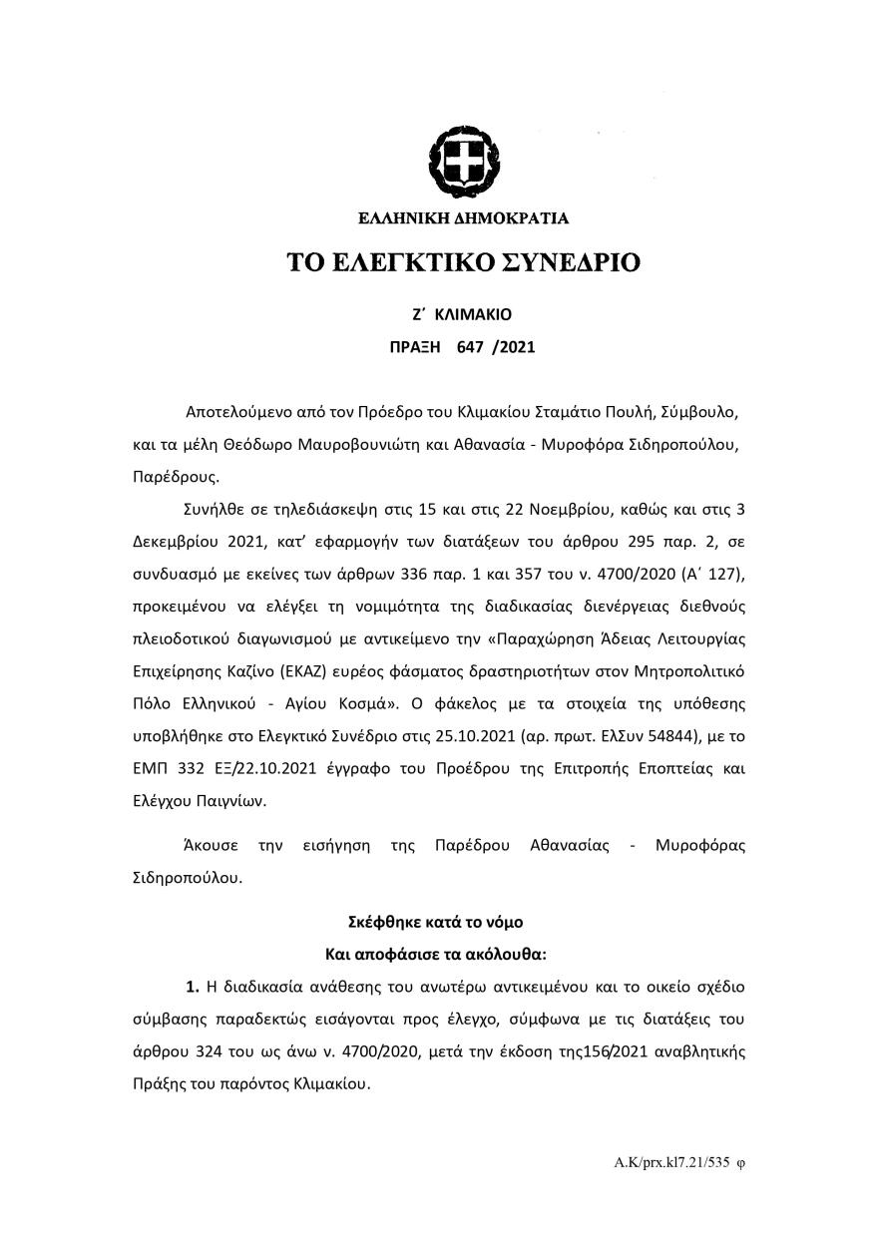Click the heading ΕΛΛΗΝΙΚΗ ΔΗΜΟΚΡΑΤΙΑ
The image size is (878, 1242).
[463, 217]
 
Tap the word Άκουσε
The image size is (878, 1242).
[210, 845]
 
